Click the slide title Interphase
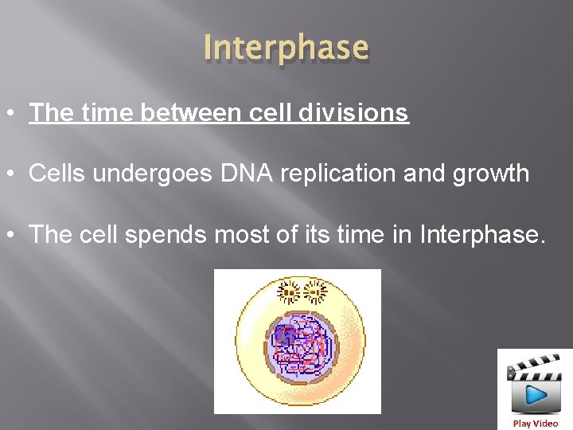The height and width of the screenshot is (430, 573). coord(286,48)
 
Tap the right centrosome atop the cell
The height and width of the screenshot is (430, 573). coord(316,292)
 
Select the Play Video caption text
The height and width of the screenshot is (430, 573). coord(535,424)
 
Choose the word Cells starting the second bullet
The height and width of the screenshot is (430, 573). coord(57,174)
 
